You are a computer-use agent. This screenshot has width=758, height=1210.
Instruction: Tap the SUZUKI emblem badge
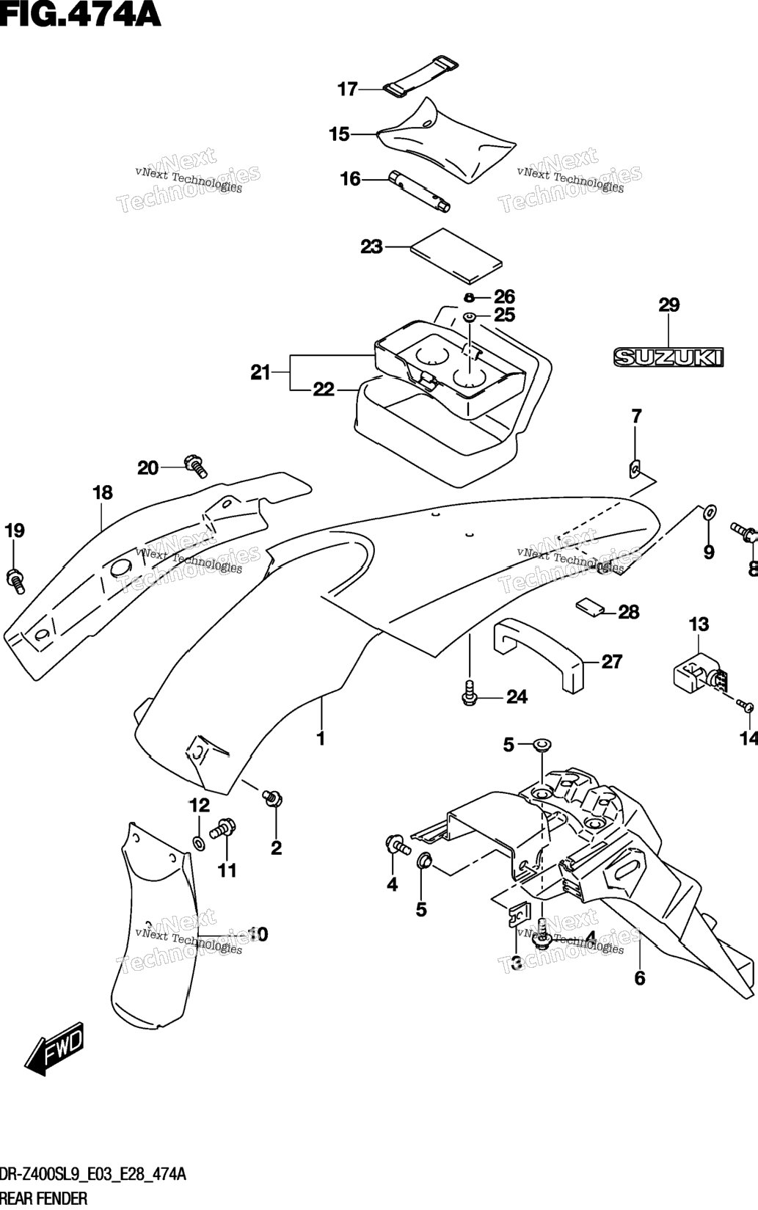coord(668,357)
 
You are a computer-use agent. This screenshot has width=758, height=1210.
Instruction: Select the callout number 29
coord(669,305)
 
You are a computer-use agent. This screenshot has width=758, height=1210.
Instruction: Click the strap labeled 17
coord(420,76)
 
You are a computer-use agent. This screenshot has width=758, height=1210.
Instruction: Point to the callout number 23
coord(372,247)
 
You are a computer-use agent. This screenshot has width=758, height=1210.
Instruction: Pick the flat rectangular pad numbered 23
coord(456,255)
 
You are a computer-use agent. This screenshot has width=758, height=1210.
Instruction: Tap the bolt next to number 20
coord(196,465)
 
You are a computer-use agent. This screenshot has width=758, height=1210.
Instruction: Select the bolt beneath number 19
coord(15,580)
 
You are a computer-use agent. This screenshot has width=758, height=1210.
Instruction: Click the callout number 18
coord(103,492)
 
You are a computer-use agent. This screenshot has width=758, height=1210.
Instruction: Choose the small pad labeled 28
coord(589,607)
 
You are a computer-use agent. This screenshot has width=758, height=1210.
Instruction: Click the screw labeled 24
coord(469,693)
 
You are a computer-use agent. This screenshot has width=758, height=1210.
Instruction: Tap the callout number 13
coord(699,624)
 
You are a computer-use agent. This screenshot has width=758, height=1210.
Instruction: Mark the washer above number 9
coord(710,511)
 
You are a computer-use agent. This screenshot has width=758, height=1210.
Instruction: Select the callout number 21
coord(260,372)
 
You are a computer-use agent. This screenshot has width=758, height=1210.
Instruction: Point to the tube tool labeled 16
coord(420,192)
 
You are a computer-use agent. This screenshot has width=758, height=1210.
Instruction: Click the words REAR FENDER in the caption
coord(44,1199)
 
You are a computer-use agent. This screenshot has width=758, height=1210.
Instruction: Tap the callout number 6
coord(640,977)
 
